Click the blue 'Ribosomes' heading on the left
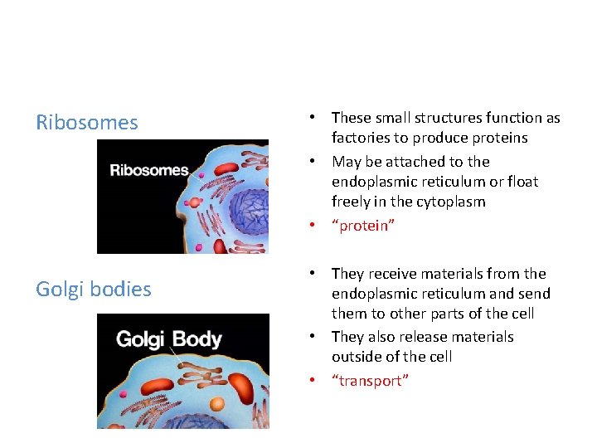point(87,123)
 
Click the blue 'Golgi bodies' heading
point(94,290)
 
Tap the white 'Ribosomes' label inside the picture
point(149,170)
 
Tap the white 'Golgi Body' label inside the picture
point(168,339)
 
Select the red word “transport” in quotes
point(370,381)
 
